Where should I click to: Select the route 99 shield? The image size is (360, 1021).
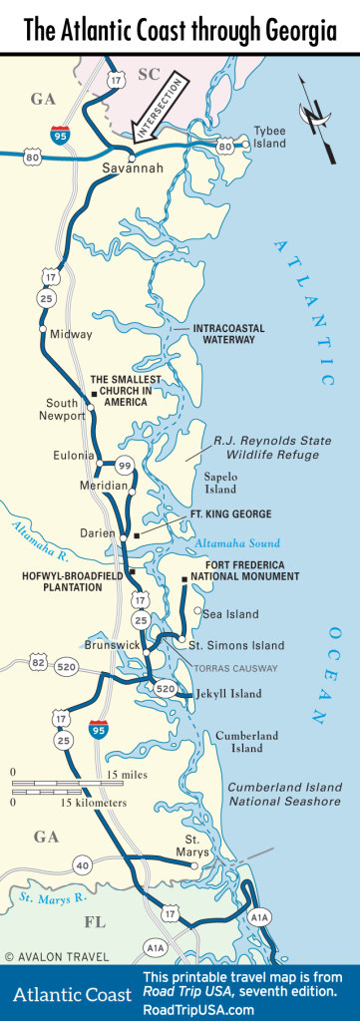coord(124,465)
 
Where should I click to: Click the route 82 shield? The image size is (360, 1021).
coord(37,662)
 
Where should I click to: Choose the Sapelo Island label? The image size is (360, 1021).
coord(220,483)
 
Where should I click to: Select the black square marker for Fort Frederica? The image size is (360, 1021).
coord(184,579)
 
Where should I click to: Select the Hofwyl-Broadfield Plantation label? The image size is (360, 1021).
coord(62,581)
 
